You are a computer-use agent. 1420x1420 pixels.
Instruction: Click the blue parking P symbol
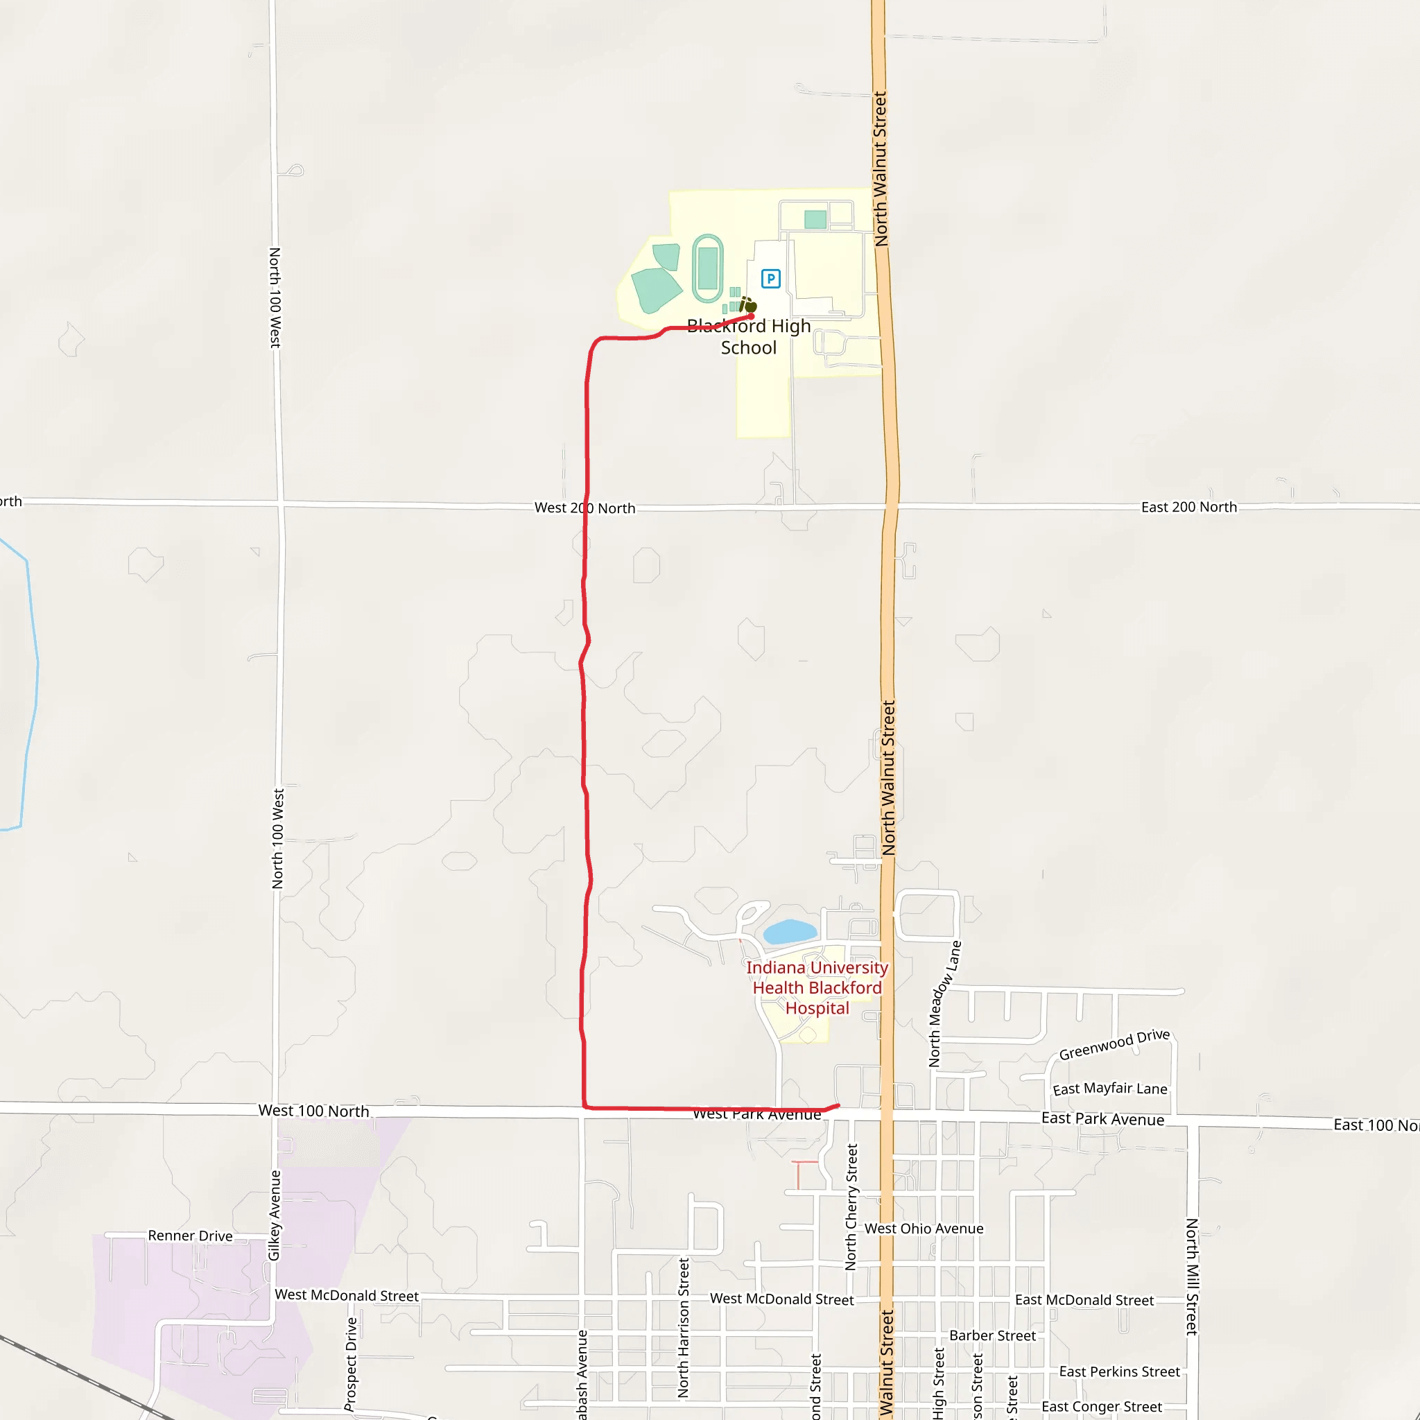point(770,279)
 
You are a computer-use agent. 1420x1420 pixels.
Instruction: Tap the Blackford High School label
point(748,336)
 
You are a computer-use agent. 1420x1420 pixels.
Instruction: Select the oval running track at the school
point(707,268)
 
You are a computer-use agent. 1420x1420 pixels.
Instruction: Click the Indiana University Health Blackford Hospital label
point(817,988)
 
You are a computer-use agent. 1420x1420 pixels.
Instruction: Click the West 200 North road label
point(585,508)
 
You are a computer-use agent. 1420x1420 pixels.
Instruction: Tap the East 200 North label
point(1188,507)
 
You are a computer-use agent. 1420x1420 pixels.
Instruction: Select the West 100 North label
point(313,1111)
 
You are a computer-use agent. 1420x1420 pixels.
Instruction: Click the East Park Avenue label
point(1102,1118)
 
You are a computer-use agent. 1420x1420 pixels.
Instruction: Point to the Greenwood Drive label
point(1114,1044)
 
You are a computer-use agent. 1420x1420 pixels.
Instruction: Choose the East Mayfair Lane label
point(1110,1089)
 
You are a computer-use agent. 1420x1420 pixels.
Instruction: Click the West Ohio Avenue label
point(923,1228)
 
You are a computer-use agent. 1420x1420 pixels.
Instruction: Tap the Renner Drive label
point(191,1236)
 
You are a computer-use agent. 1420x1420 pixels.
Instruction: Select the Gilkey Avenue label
point(274,1215)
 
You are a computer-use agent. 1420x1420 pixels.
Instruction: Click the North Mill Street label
point(1191,1276)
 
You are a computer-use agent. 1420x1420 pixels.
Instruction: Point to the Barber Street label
point(992,1335)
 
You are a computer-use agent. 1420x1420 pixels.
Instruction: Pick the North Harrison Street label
point(684,1327)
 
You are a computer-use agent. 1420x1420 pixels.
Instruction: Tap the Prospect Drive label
point(351,1363)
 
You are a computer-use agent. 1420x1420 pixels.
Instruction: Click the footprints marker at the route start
point(747,304)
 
